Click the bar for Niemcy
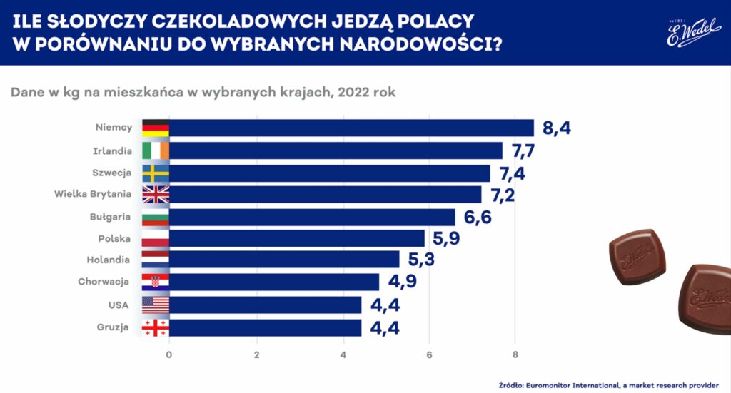point(351,128)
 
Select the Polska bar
point(296,238)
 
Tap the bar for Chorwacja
point(274,282)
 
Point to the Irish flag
point(156,150)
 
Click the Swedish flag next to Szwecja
point(156,173)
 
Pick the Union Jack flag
point(156,195)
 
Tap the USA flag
point(156,305)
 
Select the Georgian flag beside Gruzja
point(156,327)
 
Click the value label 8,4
point(557,128)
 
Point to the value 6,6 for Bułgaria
point(478,217)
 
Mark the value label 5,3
point(422,260)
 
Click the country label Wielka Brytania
point(94,194)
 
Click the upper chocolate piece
point(632,255)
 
